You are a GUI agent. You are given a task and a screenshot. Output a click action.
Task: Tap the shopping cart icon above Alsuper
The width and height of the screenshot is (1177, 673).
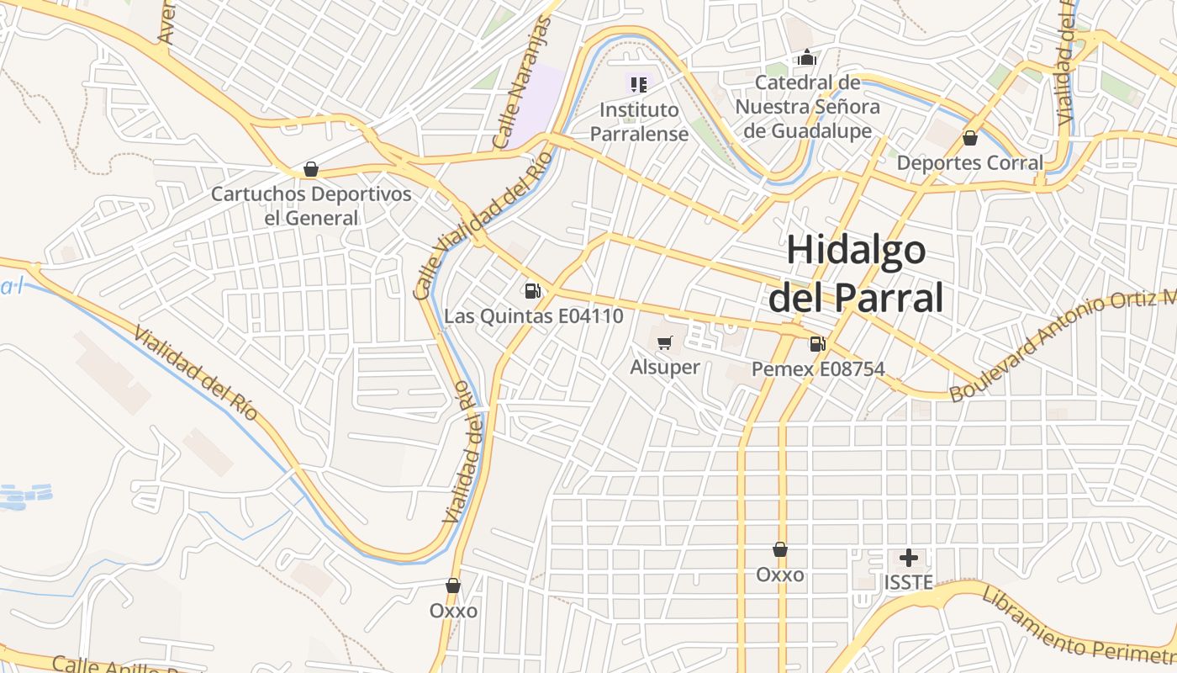click(x=664, y=342)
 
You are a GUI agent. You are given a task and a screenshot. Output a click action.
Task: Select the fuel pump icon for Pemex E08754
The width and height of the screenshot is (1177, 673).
click(x=816, y=343)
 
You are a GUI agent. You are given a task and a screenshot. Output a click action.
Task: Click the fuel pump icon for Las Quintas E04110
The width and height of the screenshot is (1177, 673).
click(x=532, y=291)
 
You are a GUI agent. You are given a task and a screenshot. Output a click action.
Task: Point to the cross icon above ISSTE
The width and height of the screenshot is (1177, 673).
click(x=908, y=557)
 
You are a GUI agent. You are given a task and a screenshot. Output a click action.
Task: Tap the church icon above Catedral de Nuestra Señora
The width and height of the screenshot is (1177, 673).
click(x=807, y=57)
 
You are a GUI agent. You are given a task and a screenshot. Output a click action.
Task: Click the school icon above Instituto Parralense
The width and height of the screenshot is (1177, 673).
click(x=639, y=84)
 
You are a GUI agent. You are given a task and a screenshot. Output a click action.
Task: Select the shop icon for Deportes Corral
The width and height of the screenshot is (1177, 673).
click(x=969, y=138)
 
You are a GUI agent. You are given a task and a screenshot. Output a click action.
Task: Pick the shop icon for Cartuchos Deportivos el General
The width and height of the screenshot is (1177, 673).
click(x=311, y=169)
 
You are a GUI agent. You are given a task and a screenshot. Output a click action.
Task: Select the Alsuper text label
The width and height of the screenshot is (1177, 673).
click(x=664, y=368)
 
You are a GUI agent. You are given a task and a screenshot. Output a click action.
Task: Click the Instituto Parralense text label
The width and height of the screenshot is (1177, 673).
click(x=639, y=122)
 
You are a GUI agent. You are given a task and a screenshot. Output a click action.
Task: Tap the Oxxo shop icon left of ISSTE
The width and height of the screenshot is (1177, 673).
click(x=780, y=549)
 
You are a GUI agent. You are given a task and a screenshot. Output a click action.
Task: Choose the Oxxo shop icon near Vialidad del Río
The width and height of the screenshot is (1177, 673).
click(x=453, y=586)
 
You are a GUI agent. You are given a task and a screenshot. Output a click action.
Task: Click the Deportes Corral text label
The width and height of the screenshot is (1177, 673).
click(x=969, y=163)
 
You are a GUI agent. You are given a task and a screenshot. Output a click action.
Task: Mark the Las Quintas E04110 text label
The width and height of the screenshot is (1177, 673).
click(x=533, y=317)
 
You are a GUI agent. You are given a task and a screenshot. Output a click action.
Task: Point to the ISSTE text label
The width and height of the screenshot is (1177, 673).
click(x=908, y=582)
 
